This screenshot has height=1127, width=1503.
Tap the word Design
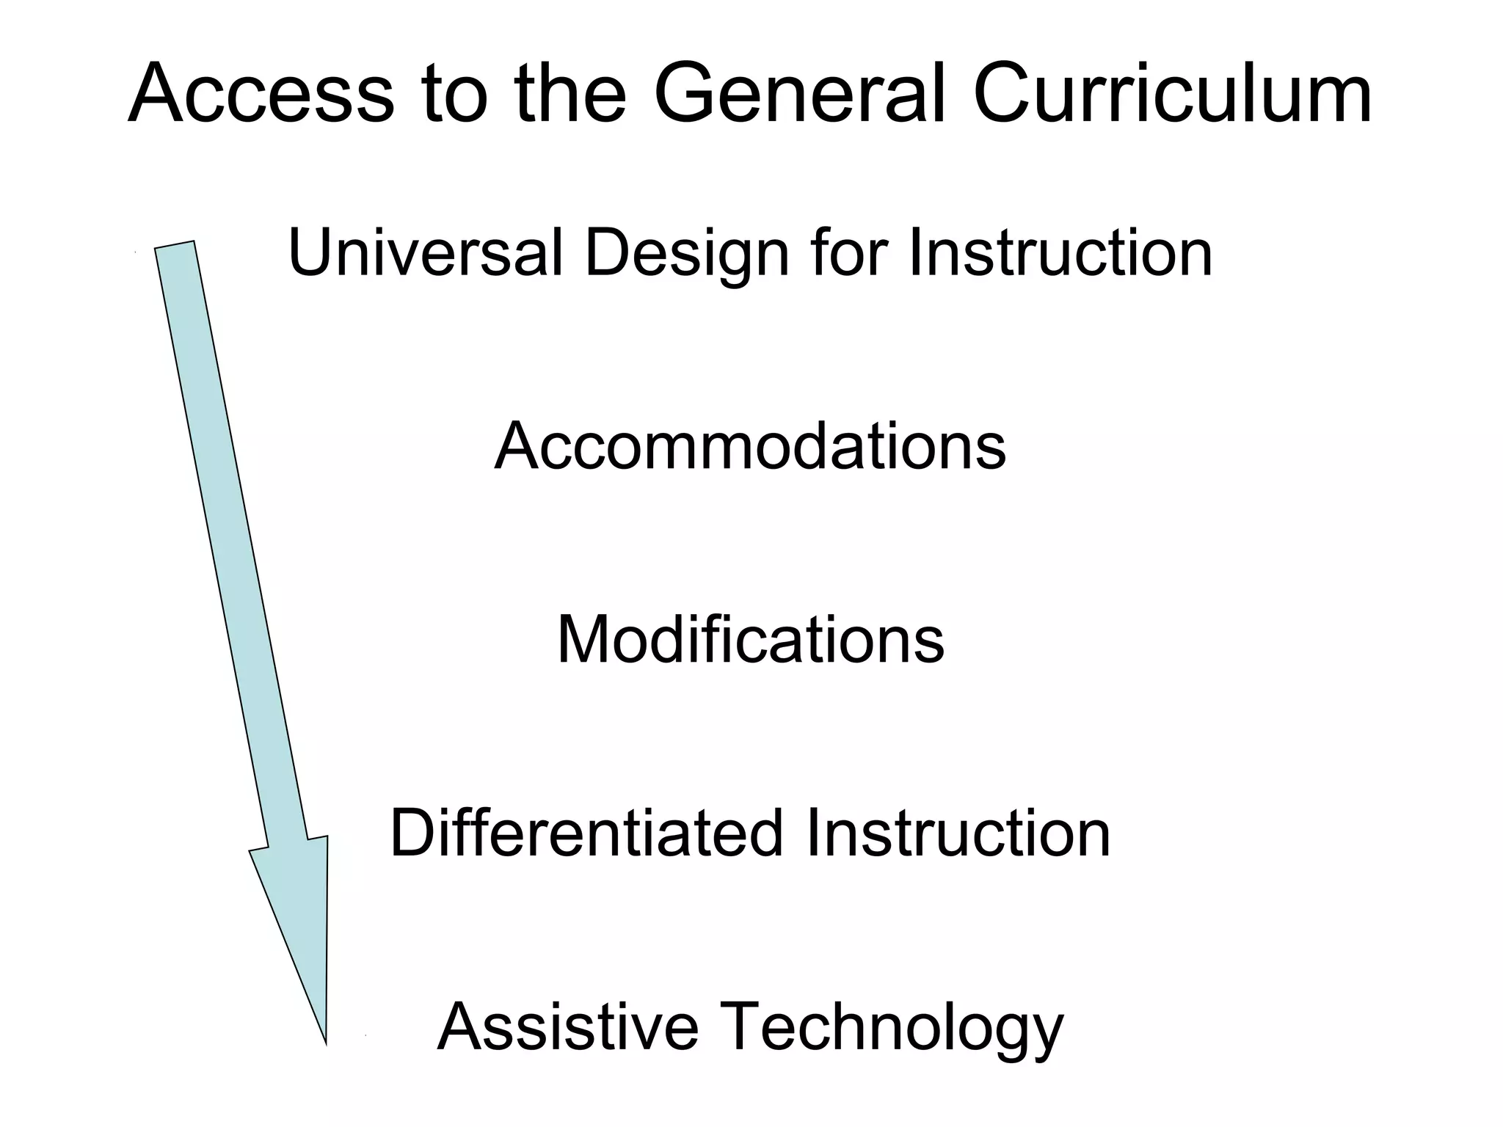coord(686,254)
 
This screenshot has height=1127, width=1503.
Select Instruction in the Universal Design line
coord(1060,252)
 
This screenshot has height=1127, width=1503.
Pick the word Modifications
coord(750,640)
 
